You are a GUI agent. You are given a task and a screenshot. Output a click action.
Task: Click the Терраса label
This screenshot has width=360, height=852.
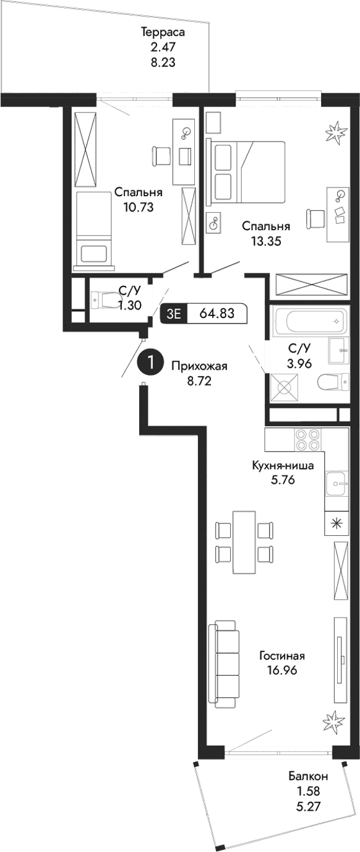pos(163,33)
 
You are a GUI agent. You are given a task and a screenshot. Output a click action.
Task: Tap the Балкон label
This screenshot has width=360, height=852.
pos(307,777)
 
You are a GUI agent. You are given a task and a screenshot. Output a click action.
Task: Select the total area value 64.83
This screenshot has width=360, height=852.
pos(216,313)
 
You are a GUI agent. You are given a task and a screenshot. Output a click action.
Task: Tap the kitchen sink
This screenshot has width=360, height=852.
pos(338,483)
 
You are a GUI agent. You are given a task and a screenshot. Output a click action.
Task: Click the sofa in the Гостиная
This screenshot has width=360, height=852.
pos(224,666)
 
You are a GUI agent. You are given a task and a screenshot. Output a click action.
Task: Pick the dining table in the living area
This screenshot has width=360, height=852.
pos(244,543)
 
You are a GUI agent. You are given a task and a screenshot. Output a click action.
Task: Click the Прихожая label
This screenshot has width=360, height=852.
pos(199,366)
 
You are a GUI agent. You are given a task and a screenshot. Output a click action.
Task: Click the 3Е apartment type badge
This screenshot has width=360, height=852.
pos(174,314)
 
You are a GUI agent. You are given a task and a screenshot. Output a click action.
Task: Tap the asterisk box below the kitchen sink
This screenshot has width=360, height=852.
pos(336,523)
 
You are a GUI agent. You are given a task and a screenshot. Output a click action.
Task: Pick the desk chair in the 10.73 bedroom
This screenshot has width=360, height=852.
pos(161,155)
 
